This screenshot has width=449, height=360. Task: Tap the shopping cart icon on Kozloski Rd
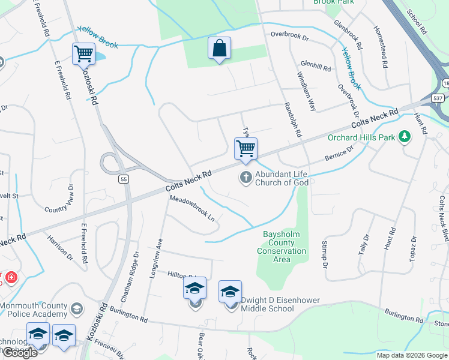coord(83,54)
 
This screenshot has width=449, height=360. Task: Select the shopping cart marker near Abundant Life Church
coord(245,148)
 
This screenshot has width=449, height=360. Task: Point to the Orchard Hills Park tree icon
coord(405,137)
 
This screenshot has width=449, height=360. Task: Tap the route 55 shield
coord(123,179)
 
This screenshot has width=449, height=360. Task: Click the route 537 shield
coord(438,98)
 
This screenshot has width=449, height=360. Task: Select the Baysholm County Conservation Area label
coord(282,247)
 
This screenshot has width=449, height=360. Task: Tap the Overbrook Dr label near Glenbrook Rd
coord(289,37)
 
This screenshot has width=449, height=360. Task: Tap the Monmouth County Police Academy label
coord(34,310)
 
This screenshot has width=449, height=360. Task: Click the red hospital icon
coord(11,278)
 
